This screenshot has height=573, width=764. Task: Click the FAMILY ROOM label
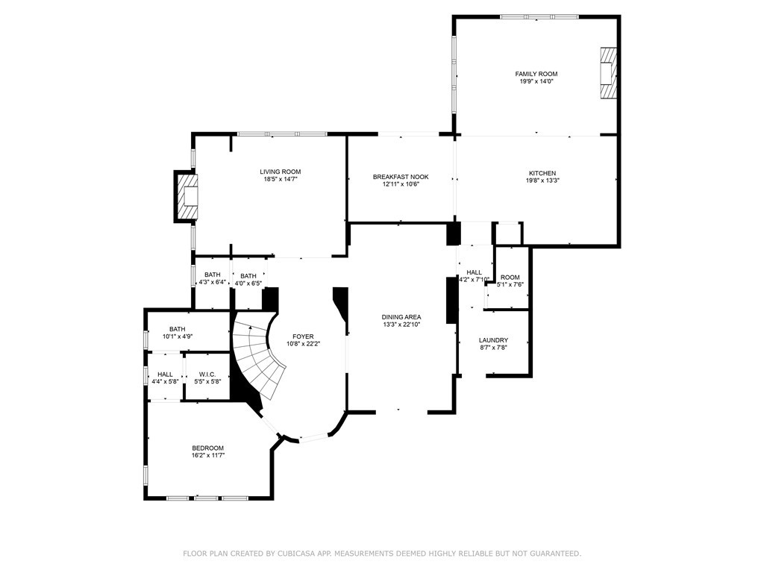(536, 74)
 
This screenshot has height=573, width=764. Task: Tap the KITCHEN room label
(542, 173)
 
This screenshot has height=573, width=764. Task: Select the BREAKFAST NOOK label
(401, 177)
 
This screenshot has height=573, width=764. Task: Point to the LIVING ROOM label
(281, 172)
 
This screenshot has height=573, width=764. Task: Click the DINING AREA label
(401, 317)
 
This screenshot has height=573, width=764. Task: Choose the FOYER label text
(303, 336)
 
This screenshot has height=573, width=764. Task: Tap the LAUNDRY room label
(494, 340)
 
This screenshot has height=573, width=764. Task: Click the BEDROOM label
(207, 448)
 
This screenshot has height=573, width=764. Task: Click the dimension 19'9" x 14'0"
(536, 81)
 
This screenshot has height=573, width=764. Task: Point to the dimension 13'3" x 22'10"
(401, 325)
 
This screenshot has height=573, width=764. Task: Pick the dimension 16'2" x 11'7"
(207, 456)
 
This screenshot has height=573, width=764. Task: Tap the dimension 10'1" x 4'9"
(178, 336)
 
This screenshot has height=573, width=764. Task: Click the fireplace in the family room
(607, 73)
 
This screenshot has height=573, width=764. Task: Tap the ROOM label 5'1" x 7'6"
(510, 278)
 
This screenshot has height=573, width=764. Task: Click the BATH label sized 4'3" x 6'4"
(213, 275)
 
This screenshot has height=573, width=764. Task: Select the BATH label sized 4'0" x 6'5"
(248, 276)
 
